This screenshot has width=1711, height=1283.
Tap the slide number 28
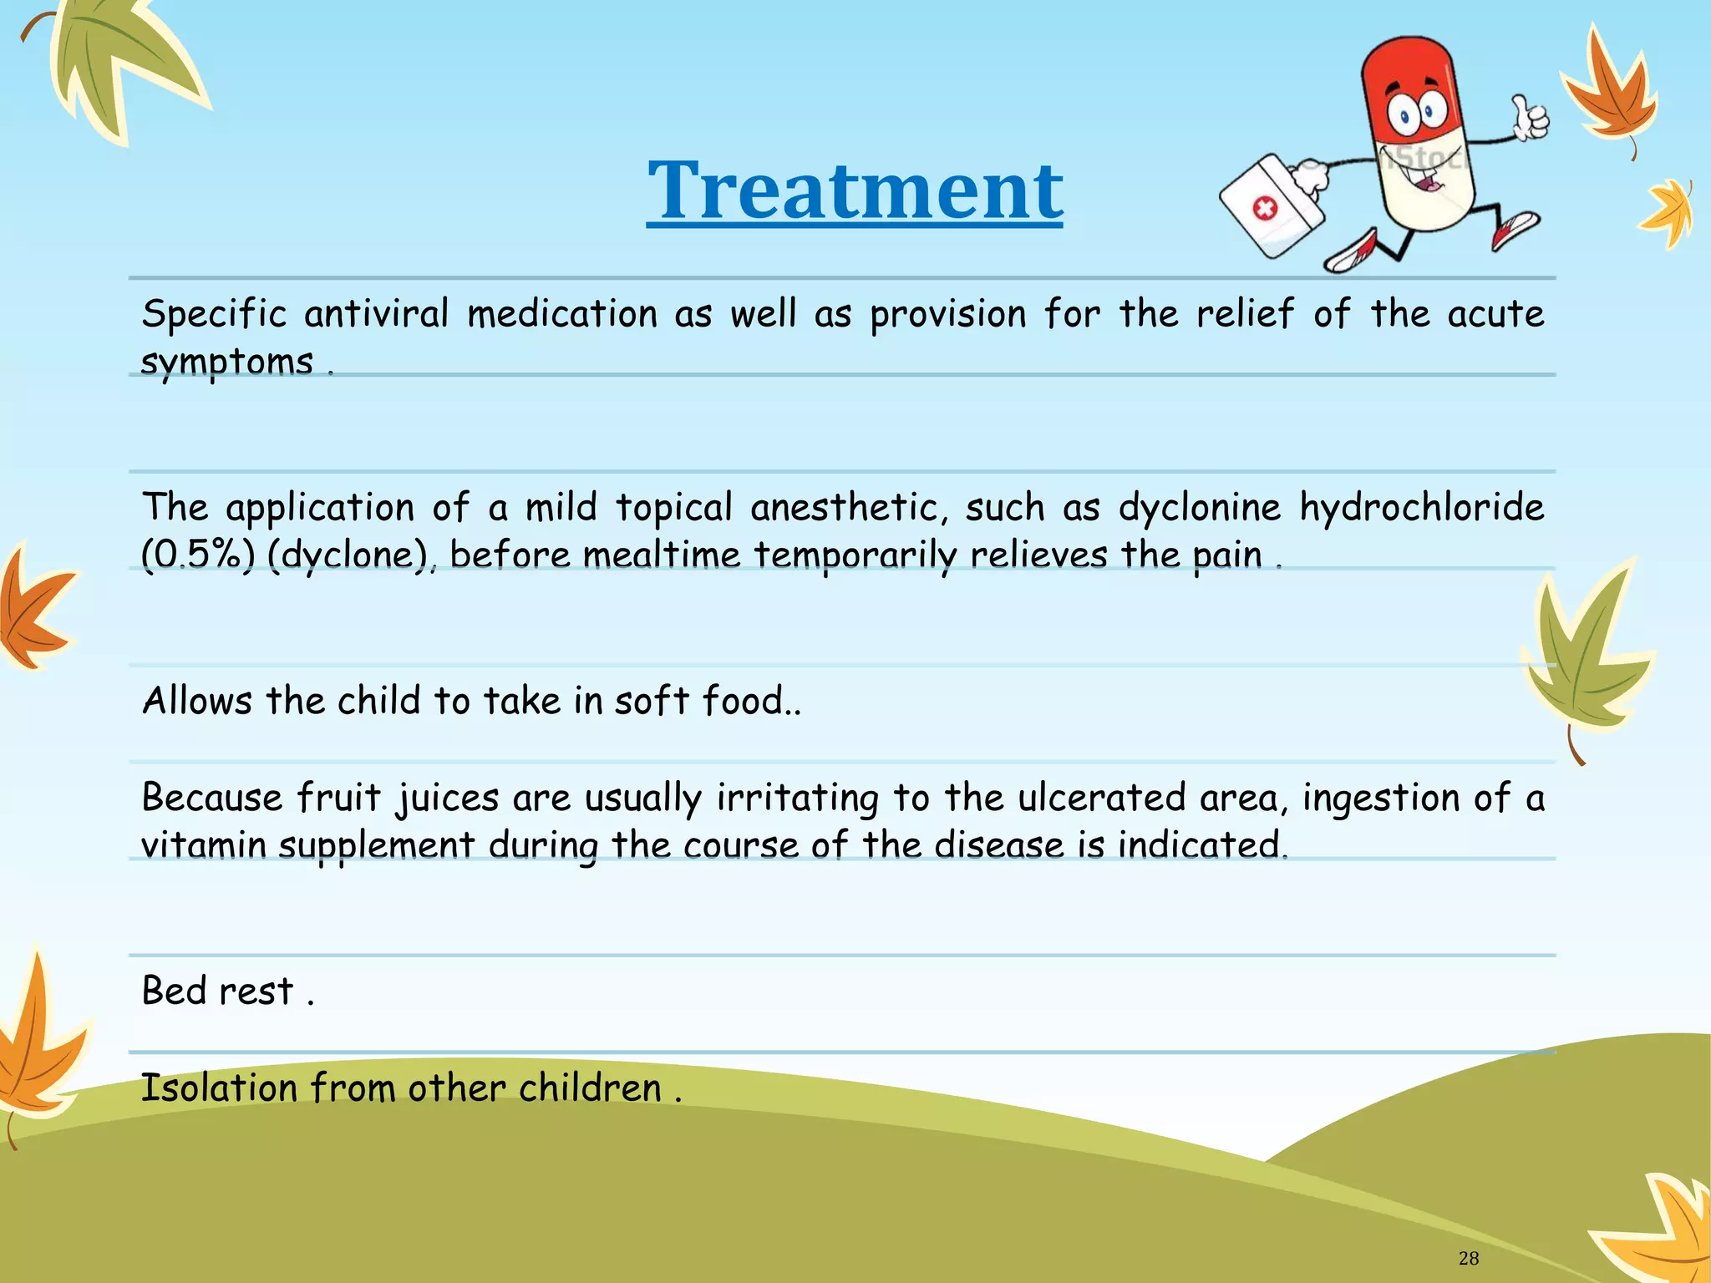point(1468,1258)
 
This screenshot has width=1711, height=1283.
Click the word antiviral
point(376,315)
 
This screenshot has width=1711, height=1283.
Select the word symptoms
point(226,363)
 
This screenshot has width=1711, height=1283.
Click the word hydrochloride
point(1422,508)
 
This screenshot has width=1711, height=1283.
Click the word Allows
point(197,701)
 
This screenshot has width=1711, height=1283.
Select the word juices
point(448,799)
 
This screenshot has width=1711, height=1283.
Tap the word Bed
point(174,991)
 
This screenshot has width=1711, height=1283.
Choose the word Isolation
point(219,1088)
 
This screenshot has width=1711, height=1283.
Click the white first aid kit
point(1272,205)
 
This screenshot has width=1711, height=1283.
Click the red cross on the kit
point(1265,208)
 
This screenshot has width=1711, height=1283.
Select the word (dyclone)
point(348,555)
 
